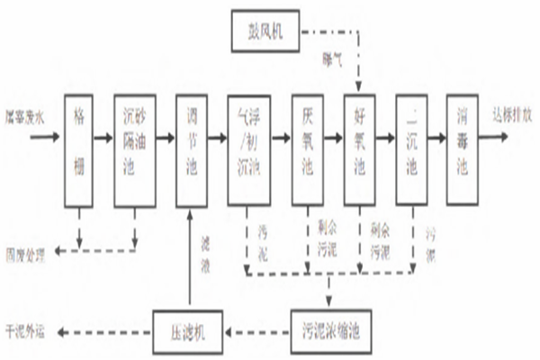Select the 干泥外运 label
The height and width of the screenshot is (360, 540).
25,329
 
